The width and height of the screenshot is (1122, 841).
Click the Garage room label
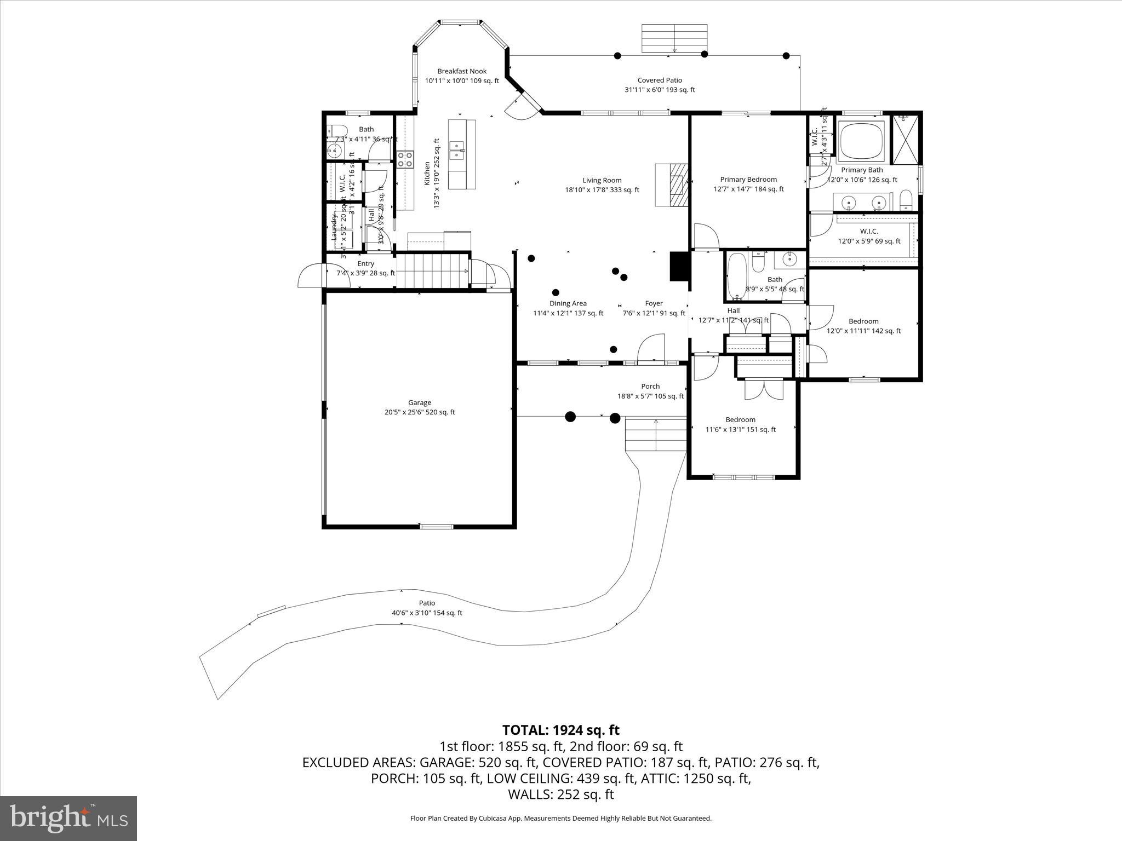point(419,403)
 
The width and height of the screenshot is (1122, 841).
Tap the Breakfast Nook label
point(462,71)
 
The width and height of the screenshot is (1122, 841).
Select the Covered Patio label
point(660,80)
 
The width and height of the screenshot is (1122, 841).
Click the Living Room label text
point(602,181)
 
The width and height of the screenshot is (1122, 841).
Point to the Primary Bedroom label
point(748,180)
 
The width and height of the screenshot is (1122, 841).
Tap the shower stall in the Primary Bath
point(906,139)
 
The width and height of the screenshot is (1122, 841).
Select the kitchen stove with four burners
point(405,159)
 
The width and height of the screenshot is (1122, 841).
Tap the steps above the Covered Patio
point(674,38)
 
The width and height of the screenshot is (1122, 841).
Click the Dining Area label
point(568,303)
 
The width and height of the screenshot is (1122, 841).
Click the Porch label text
point(650,387)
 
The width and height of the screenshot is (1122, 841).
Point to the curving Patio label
point(427,603)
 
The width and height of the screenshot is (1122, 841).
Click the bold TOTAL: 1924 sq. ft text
point(560,730)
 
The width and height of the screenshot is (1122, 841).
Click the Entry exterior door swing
point(311,276)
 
